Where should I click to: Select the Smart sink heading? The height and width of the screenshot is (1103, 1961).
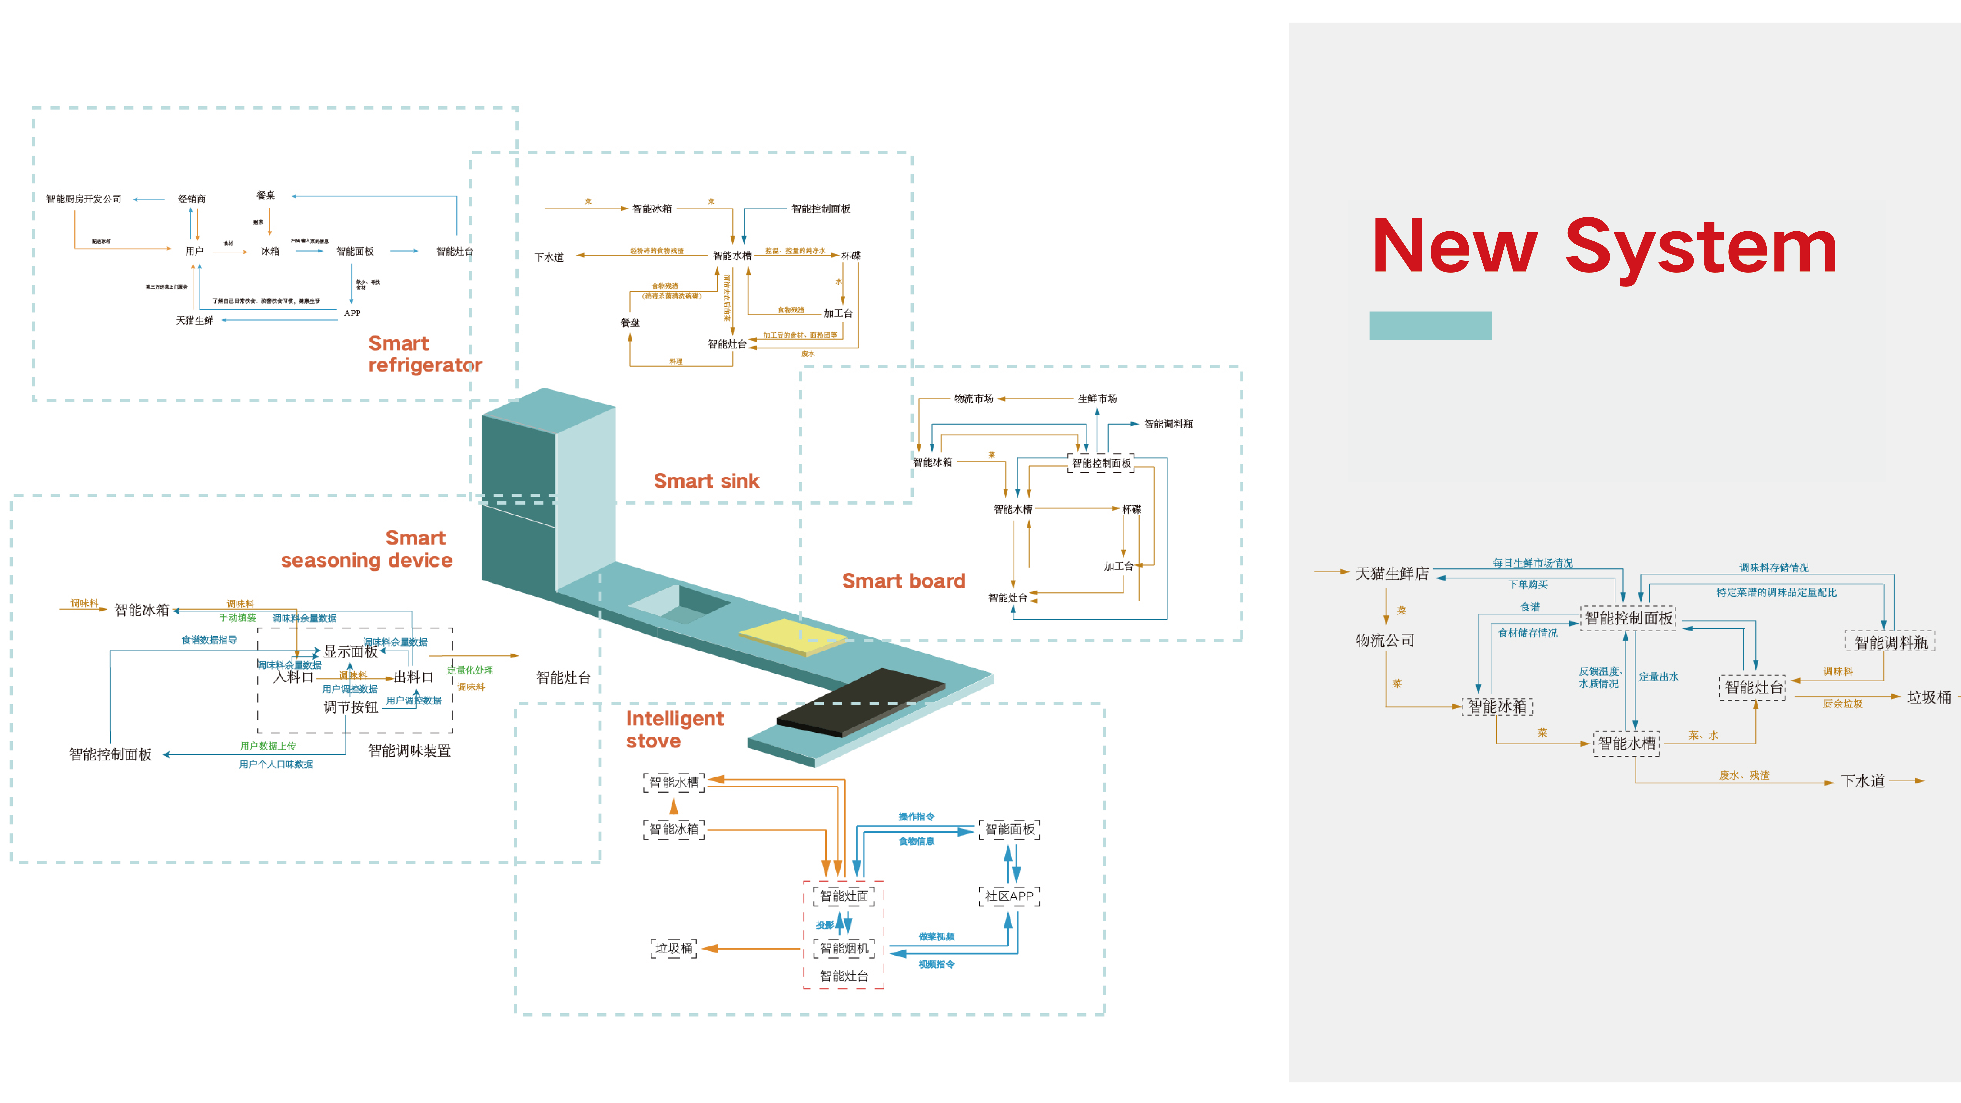706,481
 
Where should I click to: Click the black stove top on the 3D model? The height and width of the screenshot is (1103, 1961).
860,702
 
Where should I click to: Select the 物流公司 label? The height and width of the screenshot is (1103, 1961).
1385,640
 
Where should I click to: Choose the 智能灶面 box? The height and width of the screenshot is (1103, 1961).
843,896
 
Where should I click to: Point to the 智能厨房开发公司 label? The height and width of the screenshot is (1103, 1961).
84,199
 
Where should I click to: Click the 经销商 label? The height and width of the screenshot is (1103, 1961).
192,199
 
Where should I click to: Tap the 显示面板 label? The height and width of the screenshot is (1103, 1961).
351,652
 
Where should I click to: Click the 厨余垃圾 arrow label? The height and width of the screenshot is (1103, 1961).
1842,703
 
